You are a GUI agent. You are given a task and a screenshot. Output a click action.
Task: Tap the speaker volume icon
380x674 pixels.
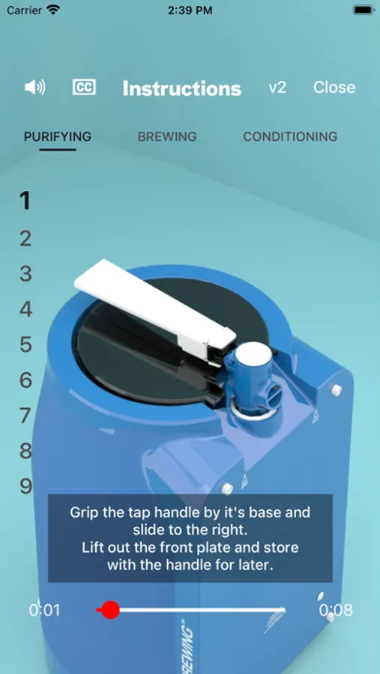pos(35,88)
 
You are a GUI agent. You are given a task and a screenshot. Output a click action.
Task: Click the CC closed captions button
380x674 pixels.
pos(84,88)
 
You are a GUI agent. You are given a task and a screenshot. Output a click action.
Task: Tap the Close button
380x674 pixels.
pos(334,88)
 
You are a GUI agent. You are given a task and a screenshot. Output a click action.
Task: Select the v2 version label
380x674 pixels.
pos(277,88)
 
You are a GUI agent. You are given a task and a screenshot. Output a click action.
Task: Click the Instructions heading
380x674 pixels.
pos(181,88)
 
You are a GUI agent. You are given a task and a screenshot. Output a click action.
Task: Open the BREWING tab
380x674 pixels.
pos(167,137)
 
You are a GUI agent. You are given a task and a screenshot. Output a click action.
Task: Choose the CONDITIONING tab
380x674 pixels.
pos(290,137)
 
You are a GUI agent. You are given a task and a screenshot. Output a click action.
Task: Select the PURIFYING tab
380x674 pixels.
pos(58,137)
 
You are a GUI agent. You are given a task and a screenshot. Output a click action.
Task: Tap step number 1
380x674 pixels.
pos(25,200)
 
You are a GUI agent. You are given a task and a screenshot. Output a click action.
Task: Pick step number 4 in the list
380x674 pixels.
pos(25,309)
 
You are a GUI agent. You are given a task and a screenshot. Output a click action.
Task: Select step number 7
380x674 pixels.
pos(25,416)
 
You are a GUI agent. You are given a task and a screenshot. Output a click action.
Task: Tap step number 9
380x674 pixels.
pos(25,486)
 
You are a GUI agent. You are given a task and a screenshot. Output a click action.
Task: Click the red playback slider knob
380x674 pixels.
pos(110,610)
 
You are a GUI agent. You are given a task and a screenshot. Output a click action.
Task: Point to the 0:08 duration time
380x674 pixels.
pos(336,610)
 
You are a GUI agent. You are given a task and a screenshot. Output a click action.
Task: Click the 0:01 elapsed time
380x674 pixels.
pos(45,610)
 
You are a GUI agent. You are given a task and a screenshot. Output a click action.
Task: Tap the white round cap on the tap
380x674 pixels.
pos(254,353)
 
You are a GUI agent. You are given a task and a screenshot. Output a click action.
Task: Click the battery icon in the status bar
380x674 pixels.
pos(364,10)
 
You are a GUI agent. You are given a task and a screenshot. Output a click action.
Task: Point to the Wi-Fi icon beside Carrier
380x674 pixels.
pos(54,10)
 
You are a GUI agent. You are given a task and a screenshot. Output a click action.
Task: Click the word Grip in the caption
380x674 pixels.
pos(85,513)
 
